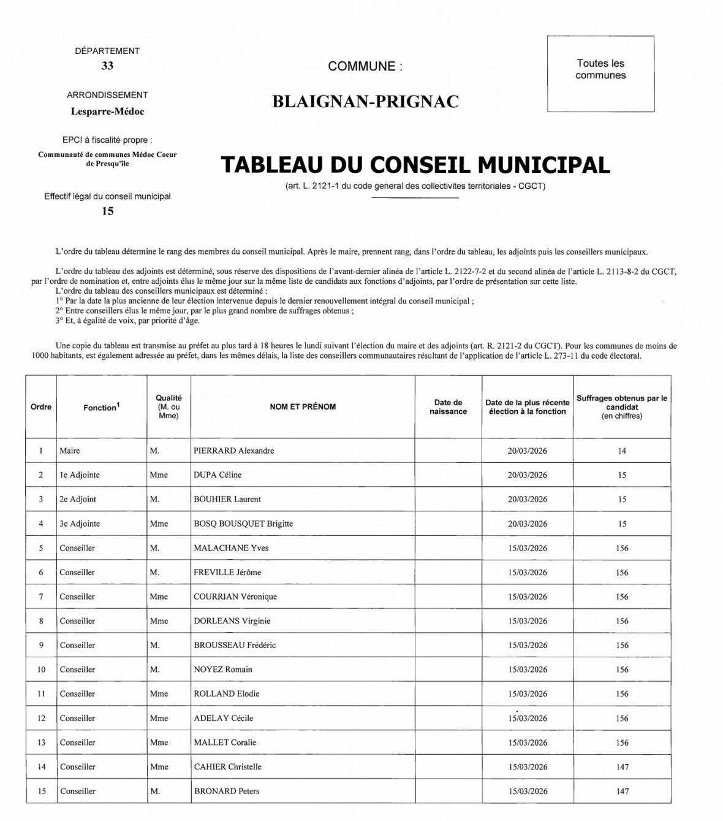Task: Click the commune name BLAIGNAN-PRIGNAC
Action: click(x=365, y=102)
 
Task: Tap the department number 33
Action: click(x=107, y=66)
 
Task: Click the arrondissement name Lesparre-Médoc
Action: click(x=107, y=112)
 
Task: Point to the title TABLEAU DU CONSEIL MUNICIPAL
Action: click(x=415, y=166)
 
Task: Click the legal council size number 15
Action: click(x=107, y=212)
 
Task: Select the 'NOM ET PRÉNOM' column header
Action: click(x=303, y=407)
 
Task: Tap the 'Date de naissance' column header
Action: click(x=448, y=407)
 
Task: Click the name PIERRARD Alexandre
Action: click(x=234, y=451)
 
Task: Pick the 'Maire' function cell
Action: click(x=70, y=451)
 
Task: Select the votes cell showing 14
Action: click(x=622, y=451)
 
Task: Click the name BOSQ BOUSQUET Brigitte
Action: click(x=243, y=524)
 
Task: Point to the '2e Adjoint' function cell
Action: click(x=78, y=499)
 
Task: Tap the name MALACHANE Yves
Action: click(x=231, y=548)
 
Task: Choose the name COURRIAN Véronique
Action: click(x=235, y=597)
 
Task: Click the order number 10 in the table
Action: click(x=41, y=670)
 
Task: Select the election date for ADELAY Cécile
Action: click(x=527, y=718)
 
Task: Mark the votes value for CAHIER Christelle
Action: click(x=622, y=767)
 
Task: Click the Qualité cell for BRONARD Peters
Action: click(x=155, y=791)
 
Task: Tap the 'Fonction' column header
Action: click(x=101, y=407)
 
